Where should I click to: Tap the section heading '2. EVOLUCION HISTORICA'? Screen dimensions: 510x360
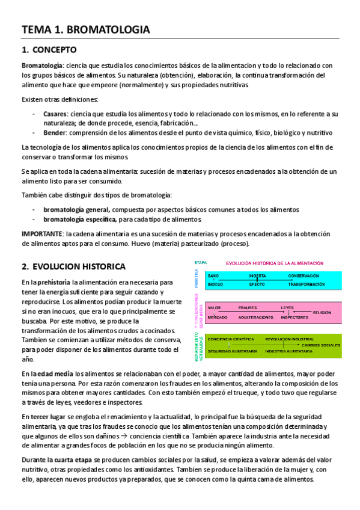pyautogui.click(x=73, y=266)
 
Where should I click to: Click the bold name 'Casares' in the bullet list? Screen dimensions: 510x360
pyautogui.click(x=55, y=113)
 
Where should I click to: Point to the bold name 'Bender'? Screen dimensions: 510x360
pyautogui.click(x=55, y=132)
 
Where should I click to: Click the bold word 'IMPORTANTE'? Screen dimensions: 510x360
pyautogui.click(x=42, y=233)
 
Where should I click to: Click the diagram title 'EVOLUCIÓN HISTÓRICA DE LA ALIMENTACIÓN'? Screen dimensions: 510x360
pyautogui.click(x=275, y=263)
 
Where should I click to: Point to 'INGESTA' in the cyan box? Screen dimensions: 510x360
pyautogui.click(x=257, y=276)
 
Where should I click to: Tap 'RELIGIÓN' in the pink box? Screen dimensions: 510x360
pyautogui.click(x=321, y=313)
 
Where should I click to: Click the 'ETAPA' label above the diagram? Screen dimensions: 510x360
pyautogui.click(x=200, y=263)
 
